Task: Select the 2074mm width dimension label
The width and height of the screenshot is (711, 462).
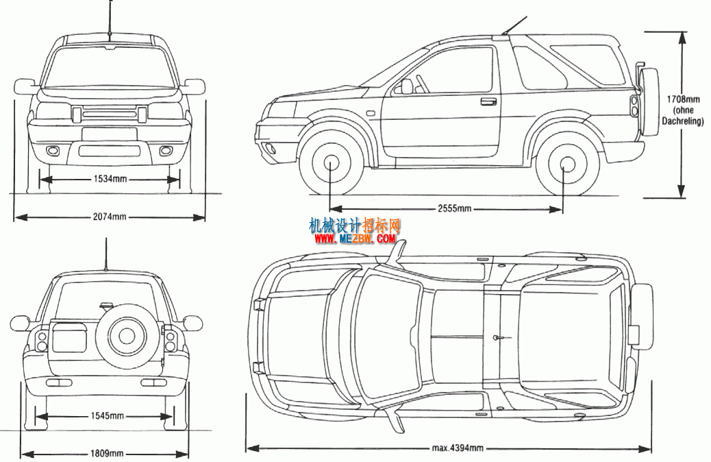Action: [110, 217]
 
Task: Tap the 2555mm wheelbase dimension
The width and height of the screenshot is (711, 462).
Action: [454, 209]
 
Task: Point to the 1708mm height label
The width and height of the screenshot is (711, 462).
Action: [682, 99]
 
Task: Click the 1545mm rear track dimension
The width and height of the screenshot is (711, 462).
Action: [107, 415]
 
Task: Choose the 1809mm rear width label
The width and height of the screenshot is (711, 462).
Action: [107, 453]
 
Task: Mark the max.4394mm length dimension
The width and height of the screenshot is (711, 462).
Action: [457, 448]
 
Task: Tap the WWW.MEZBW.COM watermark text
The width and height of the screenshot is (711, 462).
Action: [355, 239]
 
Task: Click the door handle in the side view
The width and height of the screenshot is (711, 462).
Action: [488, 101]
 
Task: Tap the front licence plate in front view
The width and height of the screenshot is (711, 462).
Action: [110, 134]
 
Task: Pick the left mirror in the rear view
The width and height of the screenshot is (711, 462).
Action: [21, 323]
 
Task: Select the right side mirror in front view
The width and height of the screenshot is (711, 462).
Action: [195, 86]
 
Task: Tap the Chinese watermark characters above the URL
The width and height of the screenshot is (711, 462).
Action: [355, 225]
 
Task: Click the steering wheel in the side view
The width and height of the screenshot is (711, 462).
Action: [423, 84]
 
